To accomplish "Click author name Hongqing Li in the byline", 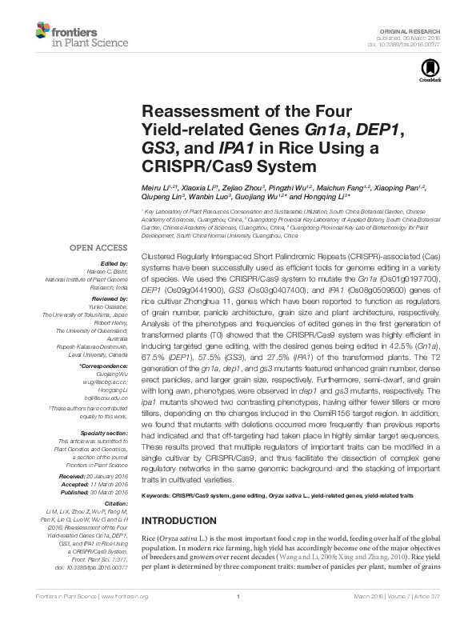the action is (x=330, y=197).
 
